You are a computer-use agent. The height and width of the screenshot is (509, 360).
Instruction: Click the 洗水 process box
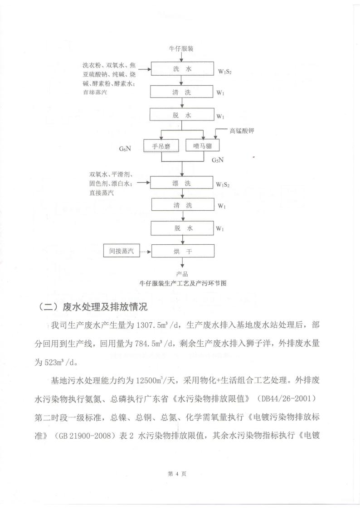(x=182, y=69)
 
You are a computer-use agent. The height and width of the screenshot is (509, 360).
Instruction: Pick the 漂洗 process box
(x=182, y=183)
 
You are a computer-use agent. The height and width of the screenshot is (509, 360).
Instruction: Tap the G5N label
(x=219, y=160)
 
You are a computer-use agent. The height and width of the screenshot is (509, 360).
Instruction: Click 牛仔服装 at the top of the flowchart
(x=181, y=48)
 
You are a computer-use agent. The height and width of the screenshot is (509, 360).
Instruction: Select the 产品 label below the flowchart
(x=182, y=274)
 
